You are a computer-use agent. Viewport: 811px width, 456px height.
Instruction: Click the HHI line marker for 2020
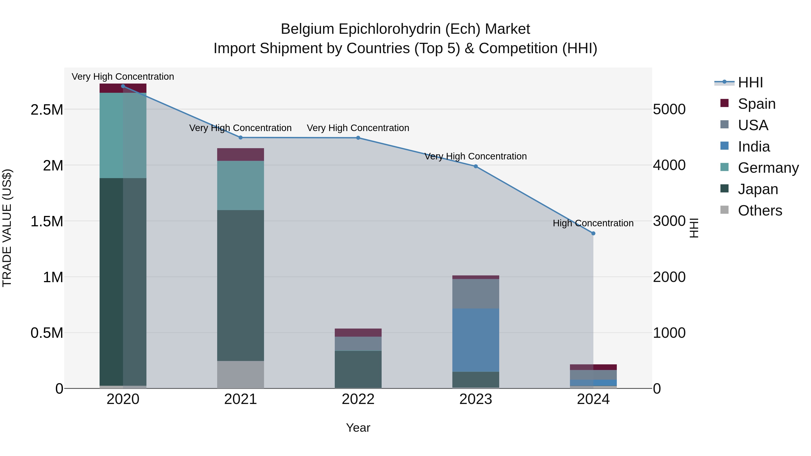(123, 86)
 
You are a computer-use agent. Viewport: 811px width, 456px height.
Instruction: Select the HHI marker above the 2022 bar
(358, 138)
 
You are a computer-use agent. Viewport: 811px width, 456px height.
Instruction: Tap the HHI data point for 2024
(593, 234)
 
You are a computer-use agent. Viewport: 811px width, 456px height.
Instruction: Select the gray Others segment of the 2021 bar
(241, 374)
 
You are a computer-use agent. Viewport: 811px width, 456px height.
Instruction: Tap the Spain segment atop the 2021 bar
(241, 154)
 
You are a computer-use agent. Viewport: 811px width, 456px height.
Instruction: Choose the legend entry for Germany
(768, 168)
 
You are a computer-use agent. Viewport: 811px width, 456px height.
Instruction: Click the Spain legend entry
(756, 104)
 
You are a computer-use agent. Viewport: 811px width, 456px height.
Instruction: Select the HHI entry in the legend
(750, 82)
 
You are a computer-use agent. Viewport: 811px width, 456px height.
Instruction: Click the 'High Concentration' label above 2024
(593, 223)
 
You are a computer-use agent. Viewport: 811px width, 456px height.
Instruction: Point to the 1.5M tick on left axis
(47, 222)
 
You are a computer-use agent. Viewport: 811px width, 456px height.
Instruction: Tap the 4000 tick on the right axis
(669, 165)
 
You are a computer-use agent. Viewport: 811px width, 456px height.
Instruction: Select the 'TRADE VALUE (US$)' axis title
(7, 228)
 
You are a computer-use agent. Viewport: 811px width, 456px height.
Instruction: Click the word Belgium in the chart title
(307, 29)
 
